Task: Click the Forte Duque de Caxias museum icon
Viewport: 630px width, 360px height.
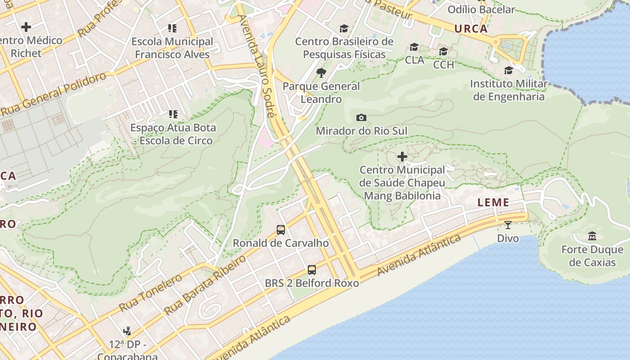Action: pyautogui.click(x=592, y=236)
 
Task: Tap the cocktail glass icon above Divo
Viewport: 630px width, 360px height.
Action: pyautogui.click(x=508, y=225)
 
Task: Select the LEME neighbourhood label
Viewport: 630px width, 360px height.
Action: pyautogui.click(x=493, y=202)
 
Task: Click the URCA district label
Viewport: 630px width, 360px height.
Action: pyautogui.click(x=471, y=29)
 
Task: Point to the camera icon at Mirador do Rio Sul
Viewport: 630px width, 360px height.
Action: pyautogui.click(x=361, y=118)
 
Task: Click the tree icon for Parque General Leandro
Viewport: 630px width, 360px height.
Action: pyautogui.click(x=321, y=72)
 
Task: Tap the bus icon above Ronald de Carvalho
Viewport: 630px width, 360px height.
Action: pyautogui.click(x=281, y=230)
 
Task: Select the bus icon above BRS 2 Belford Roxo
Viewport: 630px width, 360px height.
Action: pyautogui.click(x=312, y=270)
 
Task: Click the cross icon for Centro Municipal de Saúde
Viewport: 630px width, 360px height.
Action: pyautogui.click(x=402, y=157)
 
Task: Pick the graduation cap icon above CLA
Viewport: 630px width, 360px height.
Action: pyautogui.click(x=414, y=47)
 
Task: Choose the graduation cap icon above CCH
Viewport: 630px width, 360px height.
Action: pyautogui.click(x=443, y=51)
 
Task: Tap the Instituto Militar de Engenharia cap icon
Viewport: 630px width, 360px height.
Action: pyautogui.click(x=508, y=71)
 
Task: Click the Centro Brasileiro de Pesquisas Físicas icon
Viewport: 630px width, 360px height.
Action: pyautogui.click(x=344, y=28)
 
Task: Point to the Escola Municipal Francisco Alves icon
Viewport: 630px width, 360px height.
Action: pyautogui.click(x=172, y=28)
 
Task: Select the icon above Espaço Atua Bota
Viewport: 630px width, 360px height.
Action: pyautogui.click(x=173, y=114)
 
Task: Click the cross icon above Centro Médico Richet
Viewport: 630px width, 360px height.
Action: pyautogui.click(x=26, y=27)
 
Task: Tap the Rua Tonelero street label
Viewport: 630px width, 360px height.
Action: pyautogui.click(x=150, y=292)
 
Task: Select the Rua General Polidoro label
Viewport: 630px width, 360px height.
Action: pyautogui.click(x=54, y=94)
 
